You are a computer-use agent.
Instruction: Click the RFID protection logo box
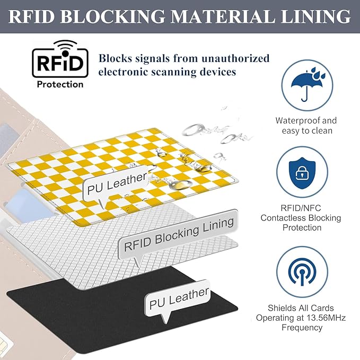58,62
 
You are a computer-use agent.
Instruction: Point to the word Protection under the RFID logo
59,84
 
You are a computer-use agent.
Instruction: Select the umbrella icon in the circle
306,86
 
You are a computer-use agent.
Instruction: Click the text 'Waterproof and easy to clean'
306,126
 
